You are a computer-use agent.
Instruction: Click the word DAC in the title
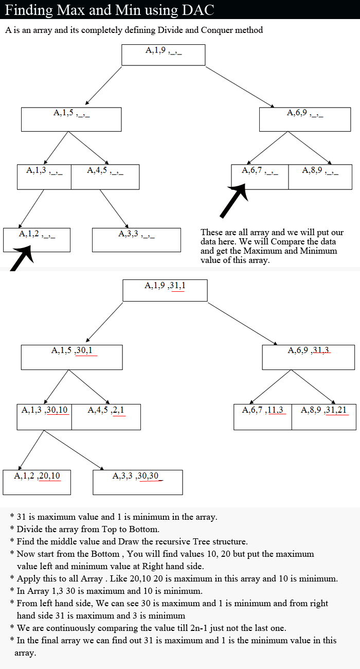click(x=197, y=10)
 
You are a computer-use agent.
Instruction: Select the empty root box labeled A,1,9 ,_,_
click(x=163, y=55)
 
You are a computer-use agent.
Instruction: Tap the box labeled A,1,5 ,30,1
click(x=71, y=357)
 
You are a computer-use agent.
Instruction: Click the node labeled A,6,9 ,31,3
click(x=309, y=357)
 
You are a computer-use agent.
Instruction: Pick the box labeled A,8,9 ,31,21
click(x=324, y=417)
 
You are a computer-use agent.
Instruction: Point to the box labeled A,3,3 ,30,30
click(x=138, y=482)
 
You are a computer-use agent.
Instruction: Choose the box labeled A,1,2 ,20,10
click(x=37, y=482)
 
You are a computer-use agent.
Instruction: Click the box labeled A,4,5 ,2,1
click(x=106, y=417)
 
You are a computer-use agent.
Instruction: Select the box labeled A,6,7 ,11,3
click(x=263, y=417)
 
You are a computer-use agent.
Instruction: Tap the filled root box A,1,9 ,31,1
click(x=165, y=290)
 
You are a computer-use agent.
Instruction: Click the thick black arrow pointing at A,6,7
click(x=235, y=200)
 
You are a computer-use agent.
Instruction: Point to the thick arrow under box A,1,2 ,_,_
click(x=22, y=258)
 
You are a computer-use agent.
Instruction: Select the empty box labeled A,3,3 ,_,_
click(x=136, y=240)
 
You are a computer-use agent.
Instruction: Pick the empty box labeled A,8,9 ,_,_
click(x=320, y=177)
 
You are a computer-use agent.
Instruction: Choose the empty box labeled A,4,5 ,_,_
click(x=105, y=177)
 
